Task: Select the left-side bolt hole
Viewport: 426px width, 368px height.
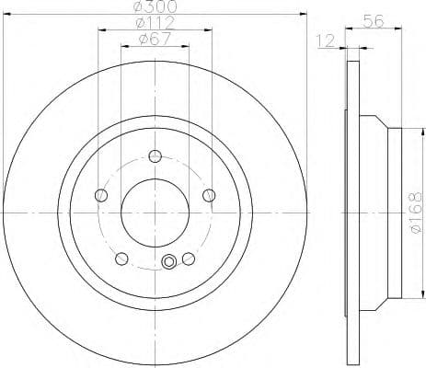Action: point(101,193)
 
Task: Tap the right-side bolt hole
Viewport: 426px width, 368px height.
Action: point(209,193)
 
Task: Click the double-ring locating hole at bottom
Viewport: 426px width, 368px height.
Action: point(168,263)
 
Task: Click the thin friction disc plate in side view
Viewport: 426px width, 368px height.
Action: point(352,211)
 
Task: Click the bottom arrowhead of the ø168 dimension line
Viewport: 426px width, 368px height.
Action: point(402,293)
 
